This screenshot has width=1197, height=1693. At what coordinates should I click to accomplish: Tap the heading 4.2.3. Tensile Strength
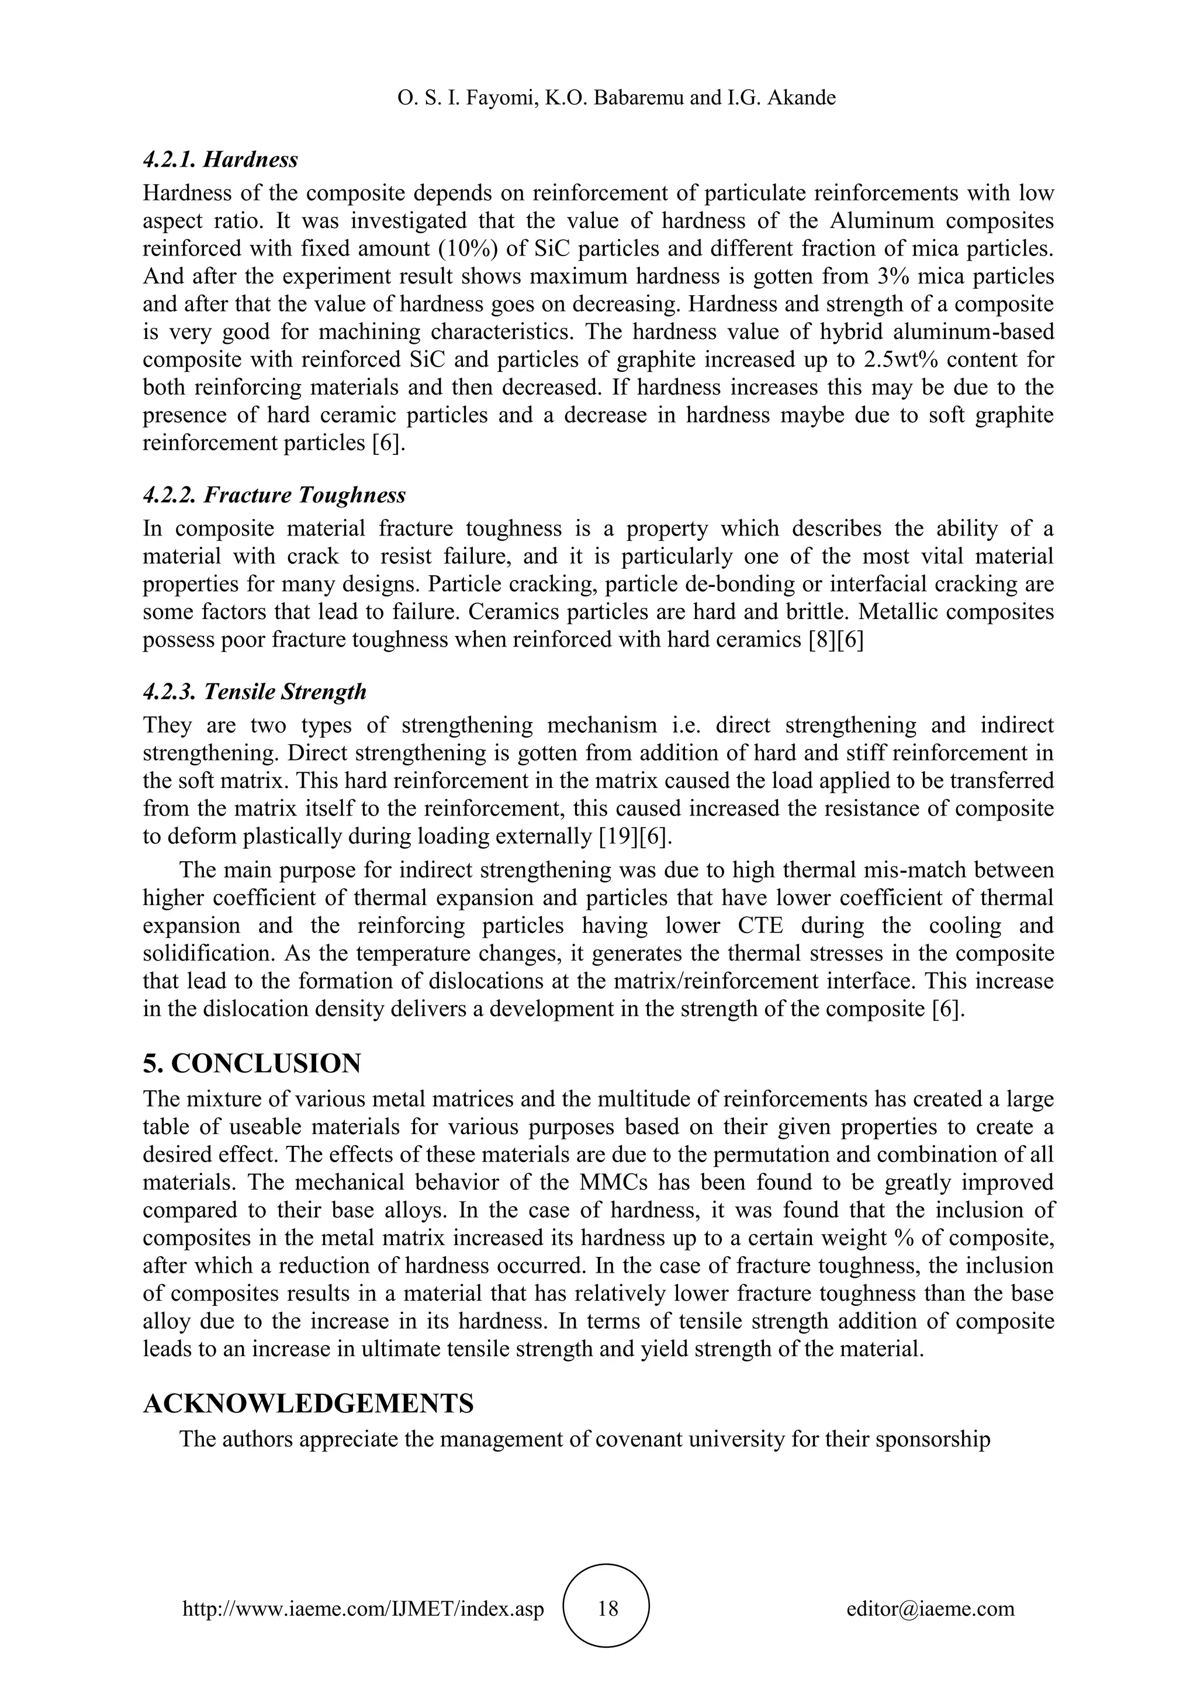254,692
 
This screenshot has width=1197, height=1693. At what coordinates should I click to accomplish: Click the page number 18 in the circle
607,1608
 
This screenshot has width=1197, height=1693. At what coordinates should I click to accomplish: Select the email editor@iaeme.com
930,1609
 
